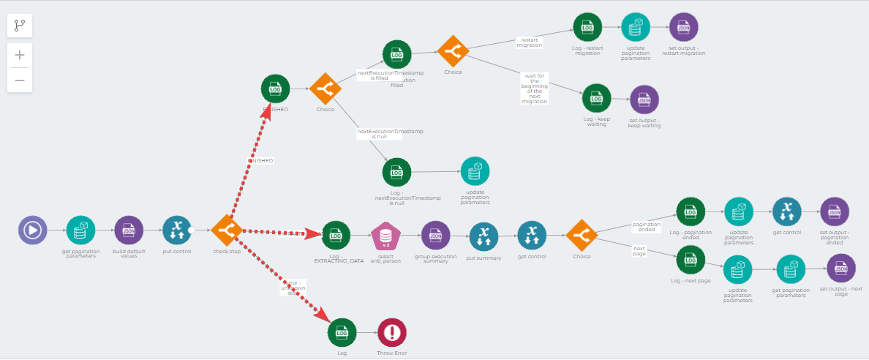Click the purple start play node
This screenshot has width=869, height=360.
(x=32, y=230)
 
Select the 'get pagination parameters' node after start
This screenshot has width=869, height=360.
(x=80, y=230)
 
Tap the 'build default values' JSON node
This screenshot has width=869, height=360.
(x=129, y=230)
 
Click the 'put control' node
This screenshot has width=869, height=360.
(x=176, y=230)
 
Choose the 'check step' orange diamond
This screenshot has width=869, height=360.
(x=226, y=230)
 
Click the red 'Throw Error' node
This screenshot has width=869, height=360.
(x=392, y=332)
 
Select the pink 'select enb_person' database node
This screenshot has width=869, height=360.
(x=385, y=236)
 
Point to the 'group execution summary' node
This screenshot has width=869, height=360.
(x=434, y=236)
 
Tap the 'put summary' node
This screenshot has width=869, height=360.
(x=484, y=236)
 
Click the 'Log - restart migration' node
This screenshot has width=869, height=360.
(x=587, y=27)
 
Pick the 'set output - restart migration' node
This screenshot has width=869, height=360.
(x=683, y=27)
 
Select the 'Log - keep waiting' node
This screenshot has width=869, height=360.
(x=596, y=98)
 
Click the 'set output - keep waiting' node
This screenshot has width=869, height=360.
(x=644, y=100)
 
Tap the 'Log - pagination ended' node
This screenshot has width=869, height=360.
(x=690, y=211)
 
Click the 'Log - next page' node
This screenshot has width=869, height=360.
(x=691, y=260)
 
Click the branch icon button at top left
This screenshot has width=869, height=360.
(x=20, y=26)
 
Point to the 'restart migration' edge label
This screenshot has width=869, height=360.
(x=530, y=42)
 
